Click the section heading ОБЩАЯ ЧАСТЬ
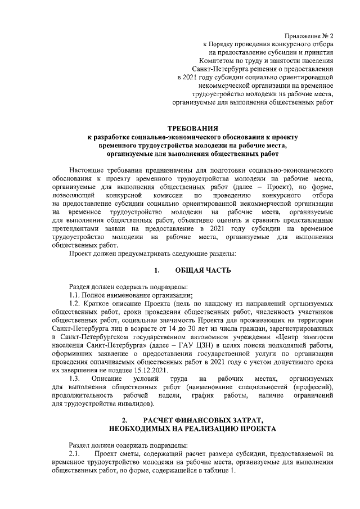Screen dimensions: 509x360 pos(203,269)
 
